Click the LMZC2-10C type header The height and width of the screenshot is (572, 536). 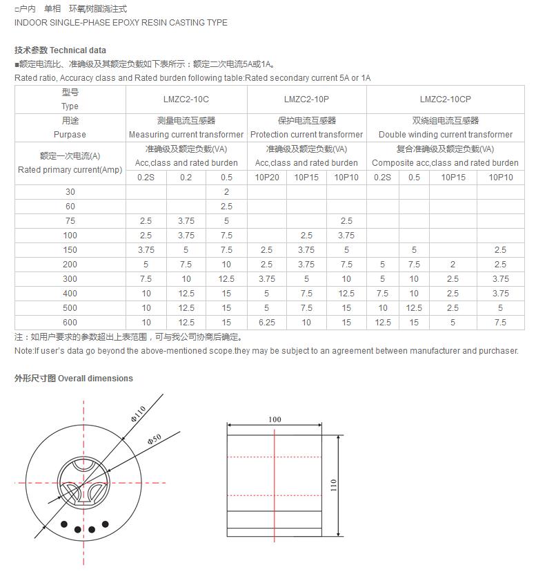[186, 99]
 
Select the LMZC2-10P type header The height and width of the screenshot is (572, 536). [306, 99]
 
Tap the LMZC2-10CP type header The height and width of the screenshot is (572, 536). [445, 99]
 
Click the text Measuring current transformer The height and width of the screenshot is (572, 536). [186, 135]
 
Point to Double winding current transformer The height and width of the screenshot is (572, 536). [445, 135]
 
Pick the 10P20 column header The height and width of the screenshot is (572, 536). [267, 178]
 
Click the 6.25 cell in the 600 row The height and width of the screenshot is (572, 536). [267, 323]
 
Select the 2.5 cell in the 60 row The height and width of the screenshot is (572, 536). [226, 207]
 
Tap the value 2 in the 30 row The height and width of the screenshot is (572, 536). [226, 192]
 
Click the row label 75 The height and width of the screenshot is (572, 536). [70, 221]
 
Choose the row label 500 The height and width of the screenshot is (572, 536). [70, 308]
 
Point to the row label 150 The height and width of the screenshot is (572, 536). [70, 250]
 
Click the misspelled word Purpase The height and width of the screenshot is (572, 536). [70, 135]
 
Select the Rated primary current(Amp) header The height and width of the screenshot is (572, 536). [70, 170]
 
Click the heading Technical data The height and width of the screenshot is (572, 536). [78, 50]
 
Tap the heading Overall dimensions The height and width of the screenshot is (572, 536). [95, 379]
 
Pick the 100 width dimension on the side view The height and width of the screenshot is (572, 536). [275, 419]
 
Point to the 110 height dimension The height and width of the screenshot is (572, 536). [333, 485]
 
